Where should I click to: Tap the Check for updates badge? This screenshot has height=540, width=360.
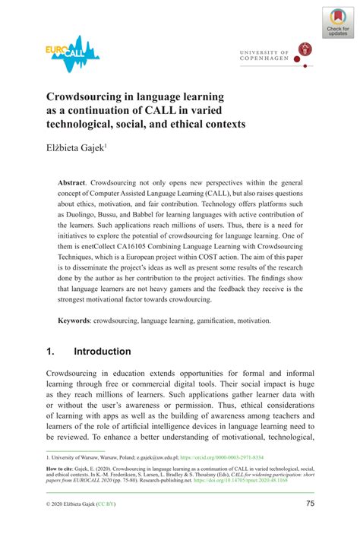pos(337,24)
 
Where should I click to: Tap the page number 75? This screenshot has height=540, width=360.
pos(311,504)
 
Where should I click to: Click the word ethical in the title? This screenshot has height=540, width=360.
pos(196,124)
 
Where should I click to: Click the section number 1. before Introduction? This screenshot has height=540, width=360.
pos(51,352)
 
